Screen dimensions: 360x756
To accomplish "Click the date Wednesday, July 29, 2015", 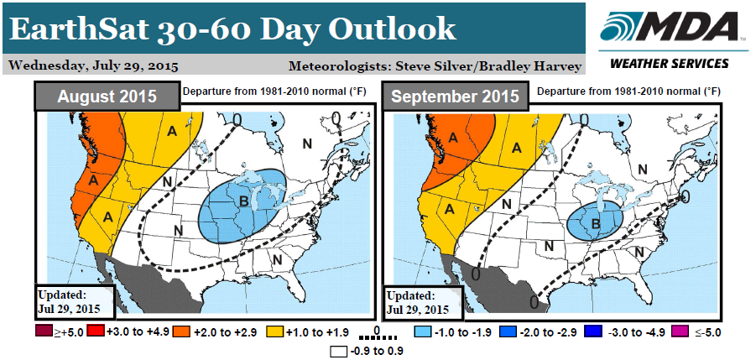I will [x=91, y=65].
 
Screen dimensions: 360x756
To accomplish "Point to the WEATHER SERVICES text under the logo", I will [x=668, y=64].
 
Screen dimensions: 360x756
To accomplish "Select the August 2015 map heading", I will [x=107, y=96].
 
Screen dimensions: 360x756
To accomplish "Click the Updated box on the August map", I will [x=74, y=302].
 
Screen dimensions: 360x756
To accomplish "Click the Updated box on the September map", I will [x=423, y=302].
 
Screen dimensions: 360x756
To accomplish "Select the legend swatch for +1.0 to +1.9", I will [x=271, y=332].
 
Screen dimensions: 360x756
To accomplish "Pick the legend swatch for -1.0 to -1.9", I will [x=430, y=332].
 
